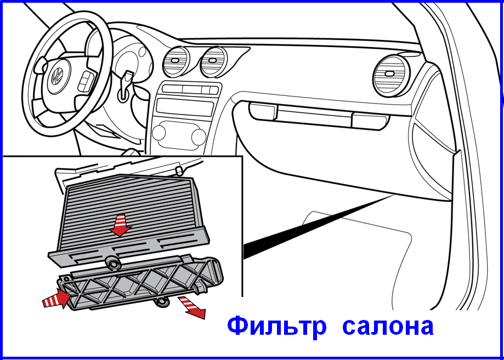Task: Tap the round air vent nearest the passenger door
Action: (x=390, y=75)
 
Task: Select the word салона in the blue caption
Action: (x=388, y=327)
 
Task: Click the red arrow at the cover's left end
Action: (x=57, y=298)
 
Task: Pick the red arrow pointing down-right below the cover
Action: (x=192, y=307)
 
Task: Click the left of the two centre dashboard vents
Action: (x=175, y=61)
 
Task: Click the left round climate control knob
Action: (x=158, y=133)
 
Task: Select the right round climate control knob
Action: (x=199, y=136)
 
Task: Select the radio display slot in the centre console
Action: (x=185, y=107)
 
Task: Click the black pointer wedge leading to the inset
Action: (x=318, y=226)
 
